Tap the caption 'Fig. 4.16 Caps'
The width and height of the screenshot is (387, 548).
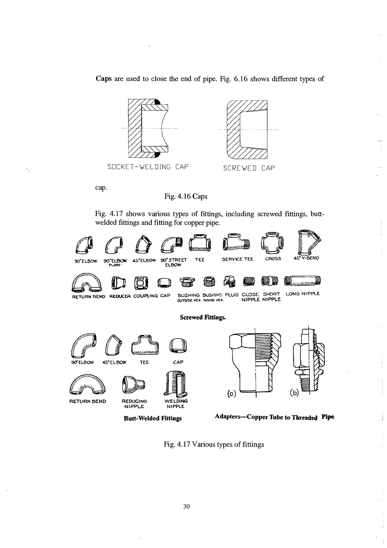click(186, 196)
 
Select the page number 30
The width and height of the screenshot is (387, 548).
click(186, 506)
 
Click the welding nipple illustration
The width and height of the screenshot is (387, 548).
click(177, 384)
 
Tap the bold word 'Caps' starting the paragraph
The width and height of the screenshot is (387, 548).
click(104, 79)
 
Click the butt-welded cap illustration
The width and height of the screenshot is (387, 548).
click(178, 347)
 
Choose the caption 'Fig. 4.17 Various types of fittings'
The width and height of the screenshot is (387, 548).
click(214, 444)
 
